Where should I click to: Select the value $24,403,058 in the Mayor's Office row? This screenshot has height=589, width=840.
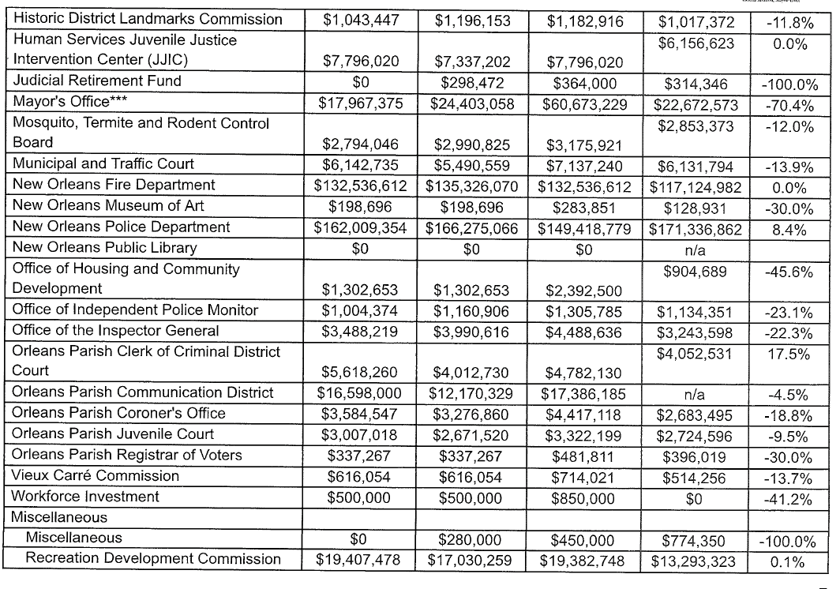click(471, 102)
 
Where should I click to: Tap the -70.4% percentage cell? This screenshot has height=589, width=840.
click(790, 102)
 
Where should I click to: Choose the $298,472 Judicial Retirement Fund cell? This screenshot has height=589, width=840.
click(471, 81)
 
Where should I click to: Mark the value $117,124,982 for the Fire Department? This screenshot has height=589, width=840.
click(695, 186)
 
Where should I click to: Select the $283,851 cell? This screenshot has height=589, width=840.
click(583, 207)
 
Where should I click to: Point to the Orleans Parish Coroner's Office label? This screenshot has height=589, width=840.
click(119, 413)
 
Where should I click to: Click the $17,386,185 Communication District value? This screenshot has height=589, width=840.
click(583, 393)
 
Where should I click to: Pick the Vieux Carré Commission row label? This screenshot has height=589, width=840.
click(96, 475)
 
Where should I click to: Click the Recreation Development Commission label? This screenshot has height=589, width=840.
click(153, 559)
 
